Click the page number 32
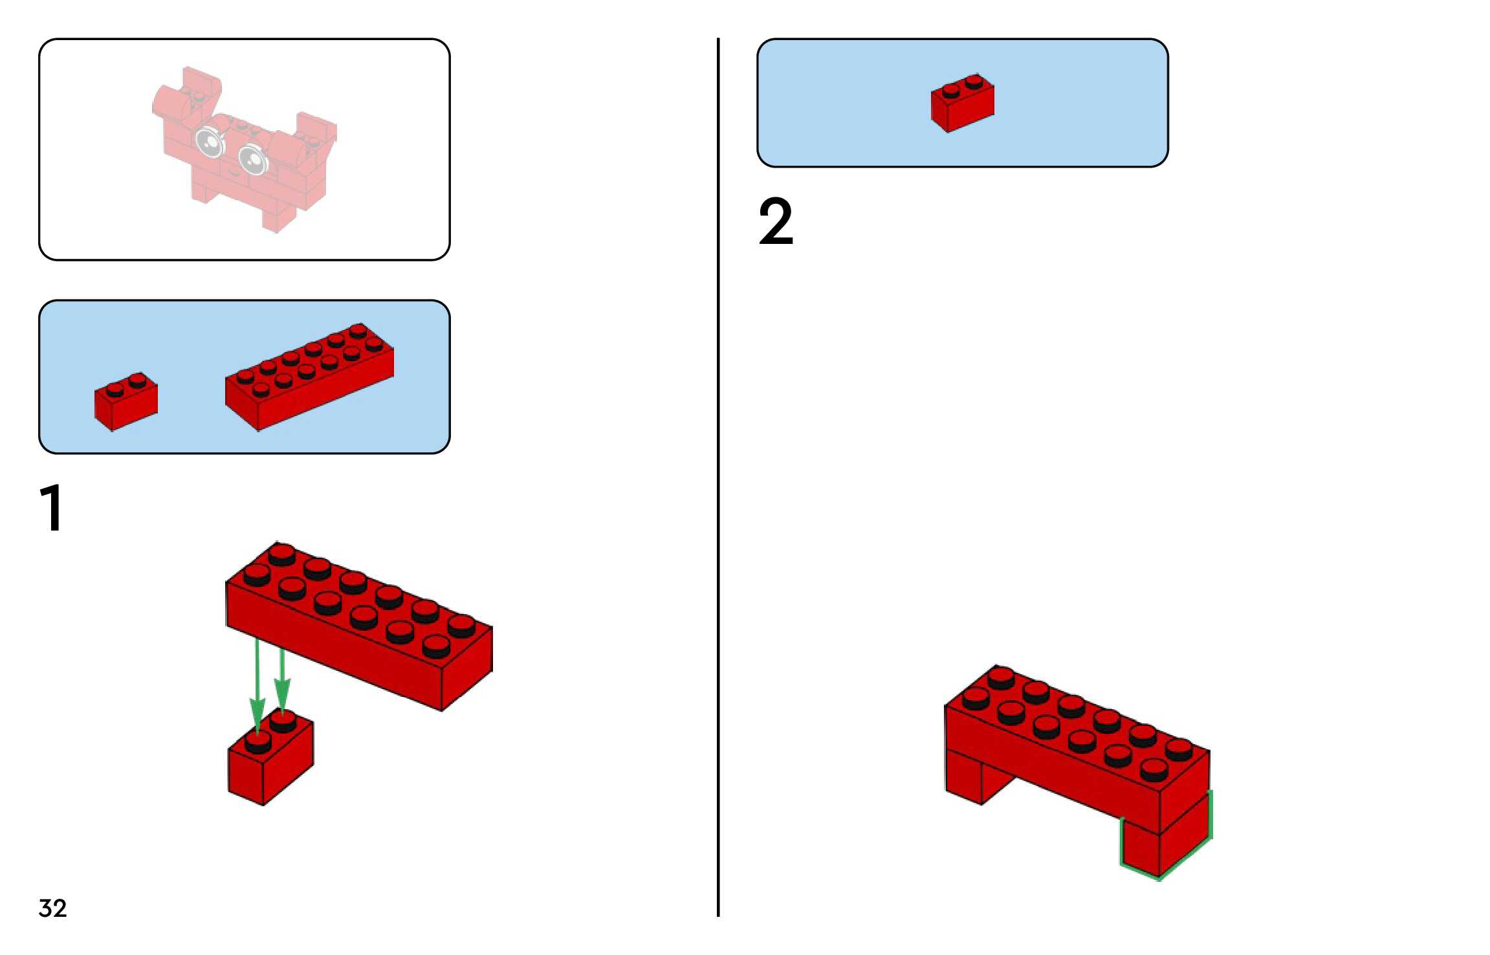(52, 908)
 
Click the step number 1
(51, 509)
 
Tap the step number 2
(775, 221)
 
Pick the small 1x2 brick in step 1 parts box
(126, 401)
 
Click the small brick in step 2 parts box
(962, 104)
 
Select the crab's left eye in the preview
(209, 142)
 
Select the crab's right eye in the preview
(252, 159)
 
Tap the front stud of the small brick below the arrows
(258, 744)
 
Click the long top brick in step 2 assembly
(1074, 744)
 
